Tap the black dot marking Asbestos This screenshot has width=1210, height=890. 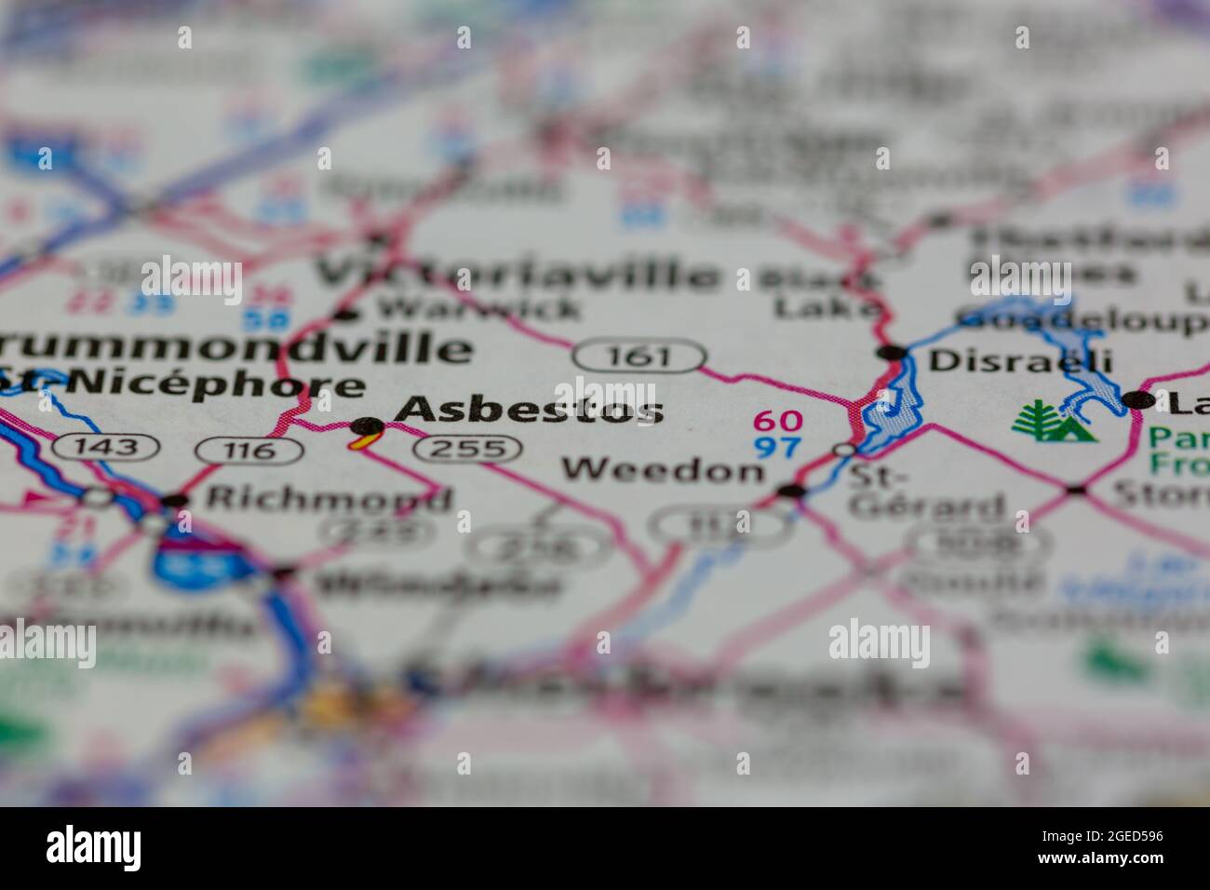[367, 427]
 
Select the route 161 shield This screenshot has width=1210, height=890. [639, 356]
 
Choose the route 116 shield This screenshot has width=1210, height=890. [249, 452]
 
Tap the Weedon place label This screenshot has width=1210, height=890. [662, 469]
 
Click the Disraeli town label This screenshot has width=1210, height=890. [1007, 359]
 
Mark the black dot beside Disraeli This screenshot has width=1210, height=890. [892, 353]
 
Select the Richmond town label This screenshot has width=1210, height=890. [328, 497]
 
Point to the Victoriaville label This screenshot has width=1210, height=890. [518, 274]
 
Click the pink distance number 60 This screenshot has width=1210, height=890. [777, 422]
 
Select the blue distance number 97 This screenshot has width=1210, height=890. [777, 447]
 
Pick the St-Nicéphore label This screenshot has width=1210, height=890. [181, 384]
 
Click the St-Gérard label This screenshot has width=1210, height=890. [926, 492]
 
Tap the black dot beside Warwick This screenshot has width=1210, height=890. [346, 314]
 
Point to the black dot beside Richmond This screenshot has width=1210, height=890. [174, 501]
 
